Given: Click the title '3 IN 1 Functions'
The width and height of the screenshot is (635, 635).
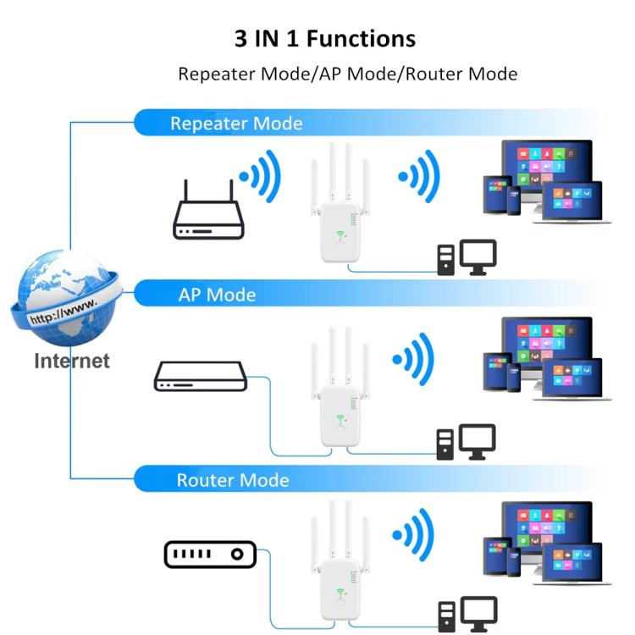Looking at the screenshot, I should [325, 38].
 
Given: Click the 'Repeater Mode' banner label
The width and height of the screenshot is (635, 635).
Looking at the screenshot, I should [235, 123].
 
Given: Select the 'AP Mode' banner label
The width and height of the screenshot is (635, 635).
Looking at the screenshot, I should [217, 295].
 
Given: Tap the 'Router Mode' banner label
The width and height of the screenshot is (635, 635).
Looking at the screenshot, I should [232, 480].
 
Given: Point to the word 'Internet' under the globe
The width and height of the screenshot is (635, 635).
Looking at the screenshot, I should [72, 361].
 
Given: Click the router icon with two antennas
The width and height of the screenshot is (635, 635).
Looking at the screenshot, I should [210, 212].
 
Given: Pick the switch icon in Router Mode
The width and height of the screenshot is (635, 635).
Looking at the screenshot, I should [209, 555].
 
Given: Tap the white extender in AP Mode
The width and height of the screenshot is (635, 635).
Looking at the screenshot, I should [340, 402].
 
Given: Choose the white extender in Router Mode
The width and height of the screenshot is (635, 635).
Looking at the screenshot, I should [340, 576].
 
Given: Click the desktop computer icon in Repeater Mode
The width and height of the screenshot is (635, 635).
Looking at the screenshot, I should [467, 258].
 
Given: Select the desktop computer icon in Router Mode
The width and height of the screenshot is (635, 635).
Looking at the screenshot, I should [467, 614].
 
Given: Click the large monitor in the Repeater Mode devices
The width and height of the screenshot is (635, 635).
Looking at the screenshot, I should [546, 165].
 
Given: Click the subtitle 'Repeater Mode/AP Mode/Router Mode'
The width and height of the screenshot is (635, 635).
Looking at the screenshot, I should [347, 74].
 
